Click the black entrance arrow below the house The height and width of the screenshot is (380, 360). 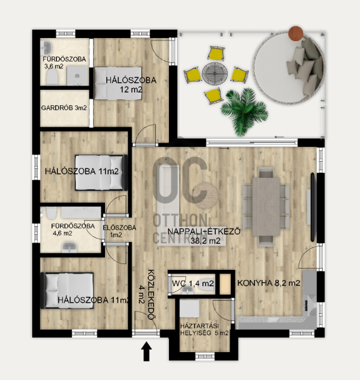[147, 351]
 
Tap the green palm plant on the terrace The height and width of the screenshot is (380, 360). [244, 112]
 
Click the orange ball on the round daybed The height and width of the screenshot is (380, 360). [295, 34]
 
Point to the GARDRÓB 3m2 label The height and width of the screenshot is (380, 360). [64, 108]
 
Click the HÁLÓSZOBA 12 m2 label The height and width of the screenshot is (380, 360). [131, 85]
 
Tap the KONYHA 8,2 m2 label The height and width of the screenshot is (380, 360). [269, 283]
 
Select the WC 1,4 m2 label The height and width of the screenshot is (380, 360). [193, 283]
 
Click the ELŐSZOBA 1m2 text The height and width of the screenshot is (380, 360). [119, 231]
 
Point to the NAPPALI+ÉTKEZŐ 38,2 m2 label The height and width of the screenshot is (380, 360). [204, 236]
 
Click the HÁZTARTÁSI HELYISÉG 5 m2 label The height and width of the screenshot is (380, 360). [204, 329]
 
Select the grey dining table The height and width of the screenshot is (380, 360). [266, 206]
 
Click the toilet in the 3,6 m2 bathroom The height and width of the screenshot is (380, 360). [52, 77]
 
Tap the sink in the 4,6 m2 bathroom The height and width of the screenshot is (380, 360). [70, 248]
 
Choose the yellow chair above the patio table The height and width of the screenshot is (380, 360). [216, 53]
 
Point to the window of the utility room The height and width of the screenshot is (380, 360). [205, 356]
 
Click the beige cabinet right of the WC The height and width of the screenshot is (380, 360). [225, 284]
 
